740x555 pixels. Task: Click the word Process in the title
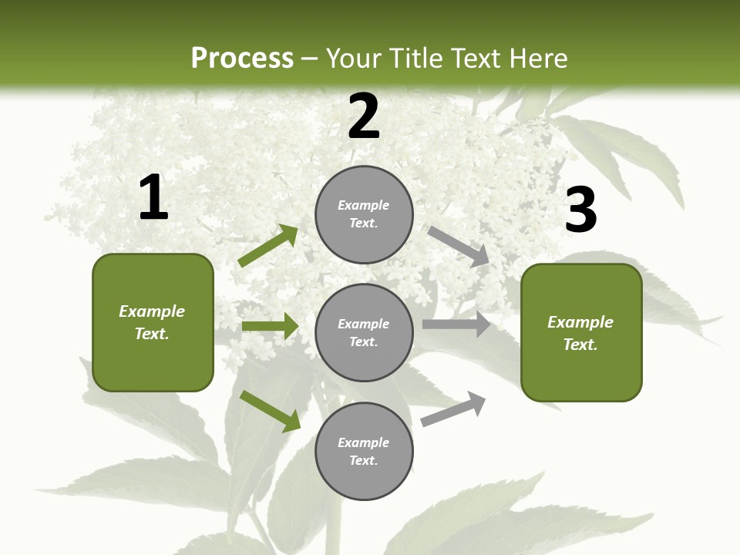(242, 59)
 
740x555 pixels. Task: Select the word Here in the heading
(539, 59)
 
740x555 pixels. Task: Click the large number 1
(153, 198)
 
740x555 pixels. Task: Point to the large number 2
(364, 116)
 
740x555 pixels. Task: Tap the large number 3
(580, 210)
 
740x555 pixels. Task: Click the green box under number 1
(153, 322)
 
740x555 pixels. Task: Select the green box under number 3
(581, 333)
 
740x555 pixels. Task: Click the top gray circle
(364, 214)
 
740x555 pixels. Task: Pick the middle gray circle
(364, 332)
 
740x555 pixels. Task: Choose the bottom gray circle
(364, 451)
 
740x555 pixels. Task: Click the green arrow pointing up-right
(267, 246)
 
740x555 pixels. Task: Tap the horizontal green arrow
(270, 326)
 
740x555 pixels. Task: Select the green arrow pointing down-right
(270, 411)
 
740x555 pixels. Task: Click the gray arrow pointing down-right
(459, 246)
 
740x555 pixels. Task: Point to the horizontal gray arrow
(456, 325)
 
